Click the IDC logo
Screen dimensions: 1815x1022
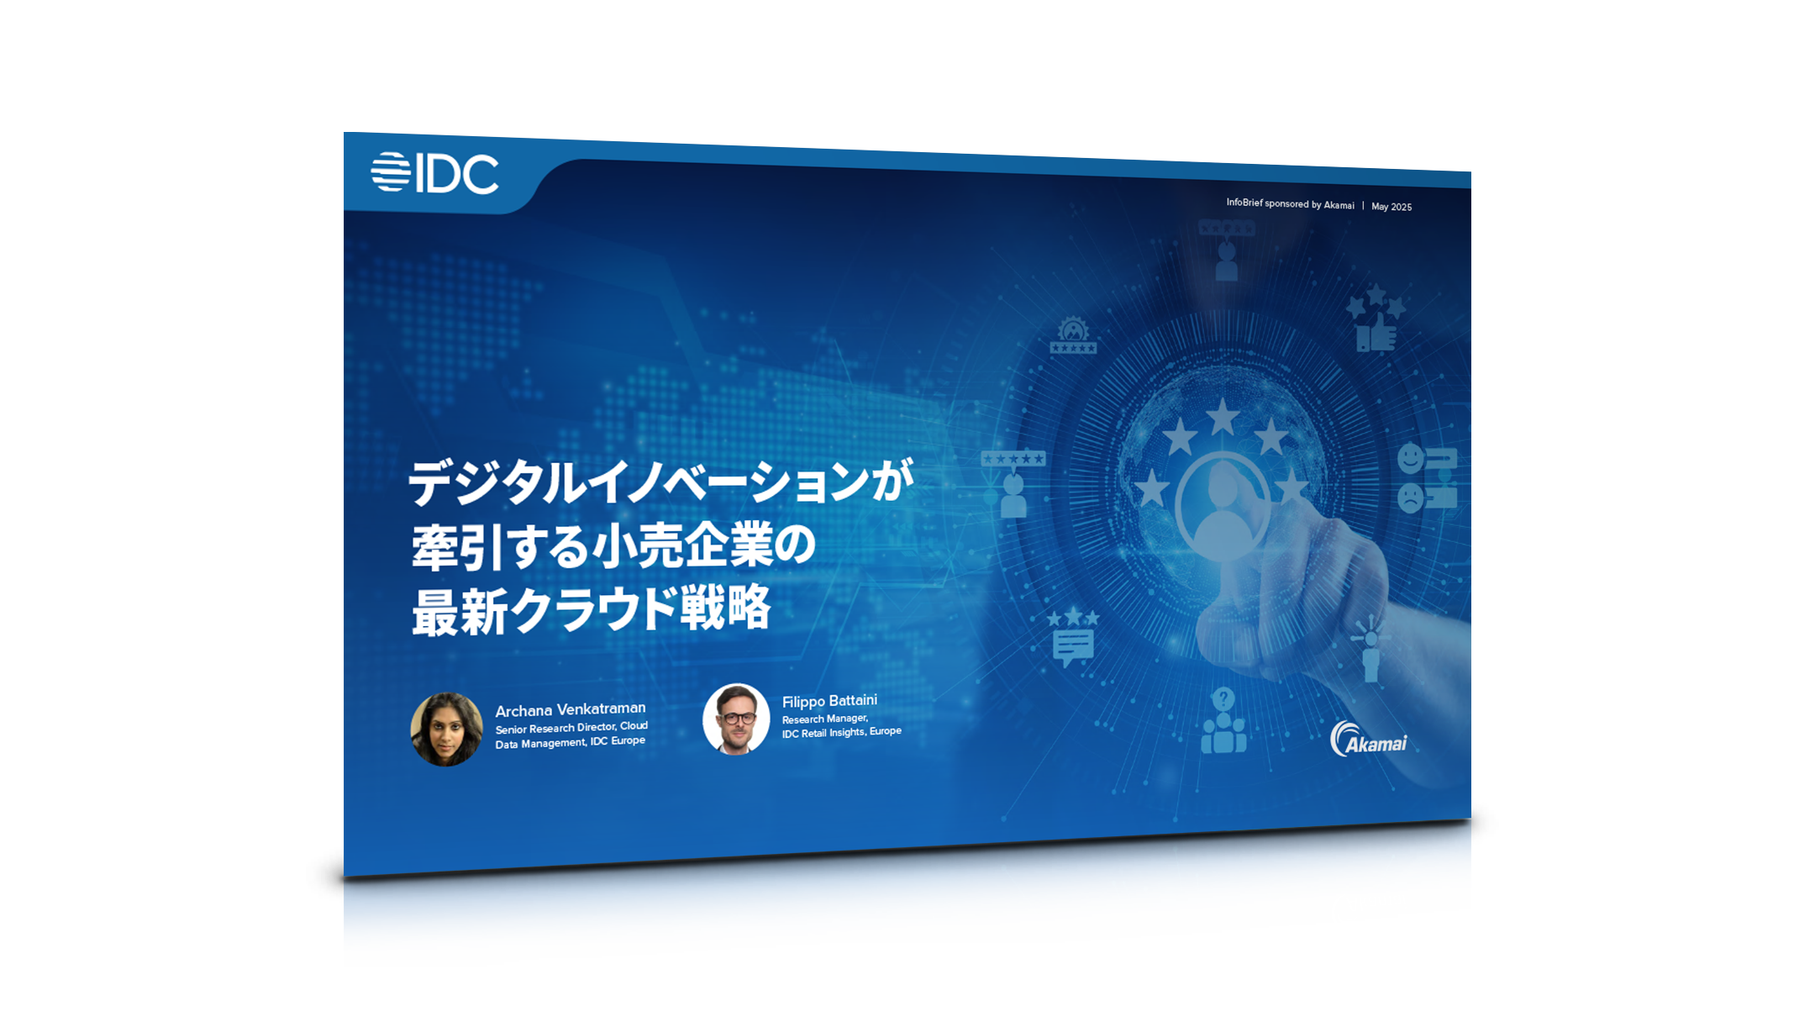[434, 173]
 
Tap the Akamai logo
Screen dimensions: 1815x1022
[1368, 739]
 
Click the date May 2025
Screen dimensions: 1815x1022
[1391, 207]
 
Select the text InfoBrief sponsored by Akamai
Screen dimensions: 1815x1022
[1290, 203]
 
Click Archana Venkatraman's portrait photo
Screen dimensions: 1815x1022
[446, 729]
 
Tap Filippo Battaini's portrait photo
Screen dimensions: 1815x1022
[736, 719]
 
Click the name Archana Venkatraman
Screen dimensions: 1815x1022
[571, 709]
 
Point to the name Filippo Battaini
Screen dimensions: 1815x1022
[829, 701]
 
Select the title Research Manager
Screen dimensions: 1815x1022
[824, 719]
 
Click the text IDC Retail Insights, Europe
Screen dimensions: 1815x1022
[841, 732]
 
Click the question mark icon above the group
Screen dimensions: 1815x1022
[1223, 698]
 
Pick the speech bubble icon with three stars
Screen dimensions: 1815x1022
[1073, 637]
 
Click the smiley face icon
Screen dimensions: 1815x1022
[1410, 459]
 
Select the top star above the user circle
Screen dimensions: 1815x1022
[1223, 417]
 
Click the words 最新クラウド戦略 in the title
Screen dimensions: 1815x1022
[591, 609]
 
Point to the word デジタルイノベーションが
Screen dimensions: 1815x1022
[660, 482]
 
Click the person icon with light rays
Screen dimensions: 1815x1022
[1370, 648]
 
